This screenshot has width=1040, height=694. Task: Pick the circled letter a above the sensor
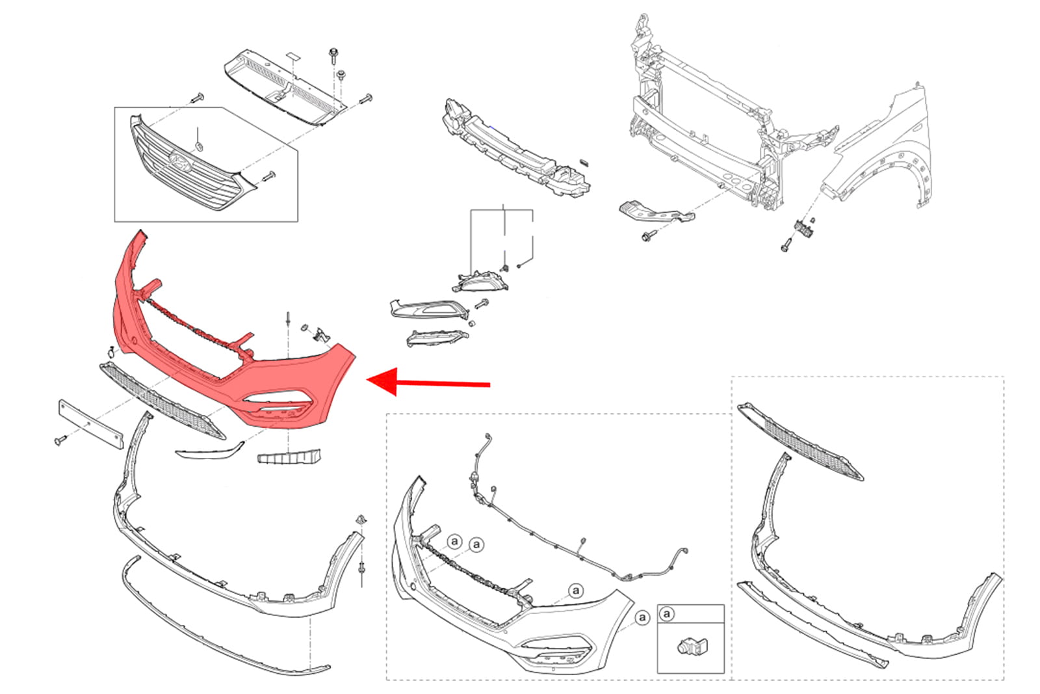pos(667,613)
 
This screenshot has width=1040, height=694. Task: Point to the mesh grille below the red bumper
pos(162,401)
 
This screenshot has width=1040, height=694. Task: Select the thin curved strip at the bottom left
pos(224,615)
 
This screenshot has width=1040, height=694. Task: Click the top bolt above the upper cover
pos(334,54)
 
